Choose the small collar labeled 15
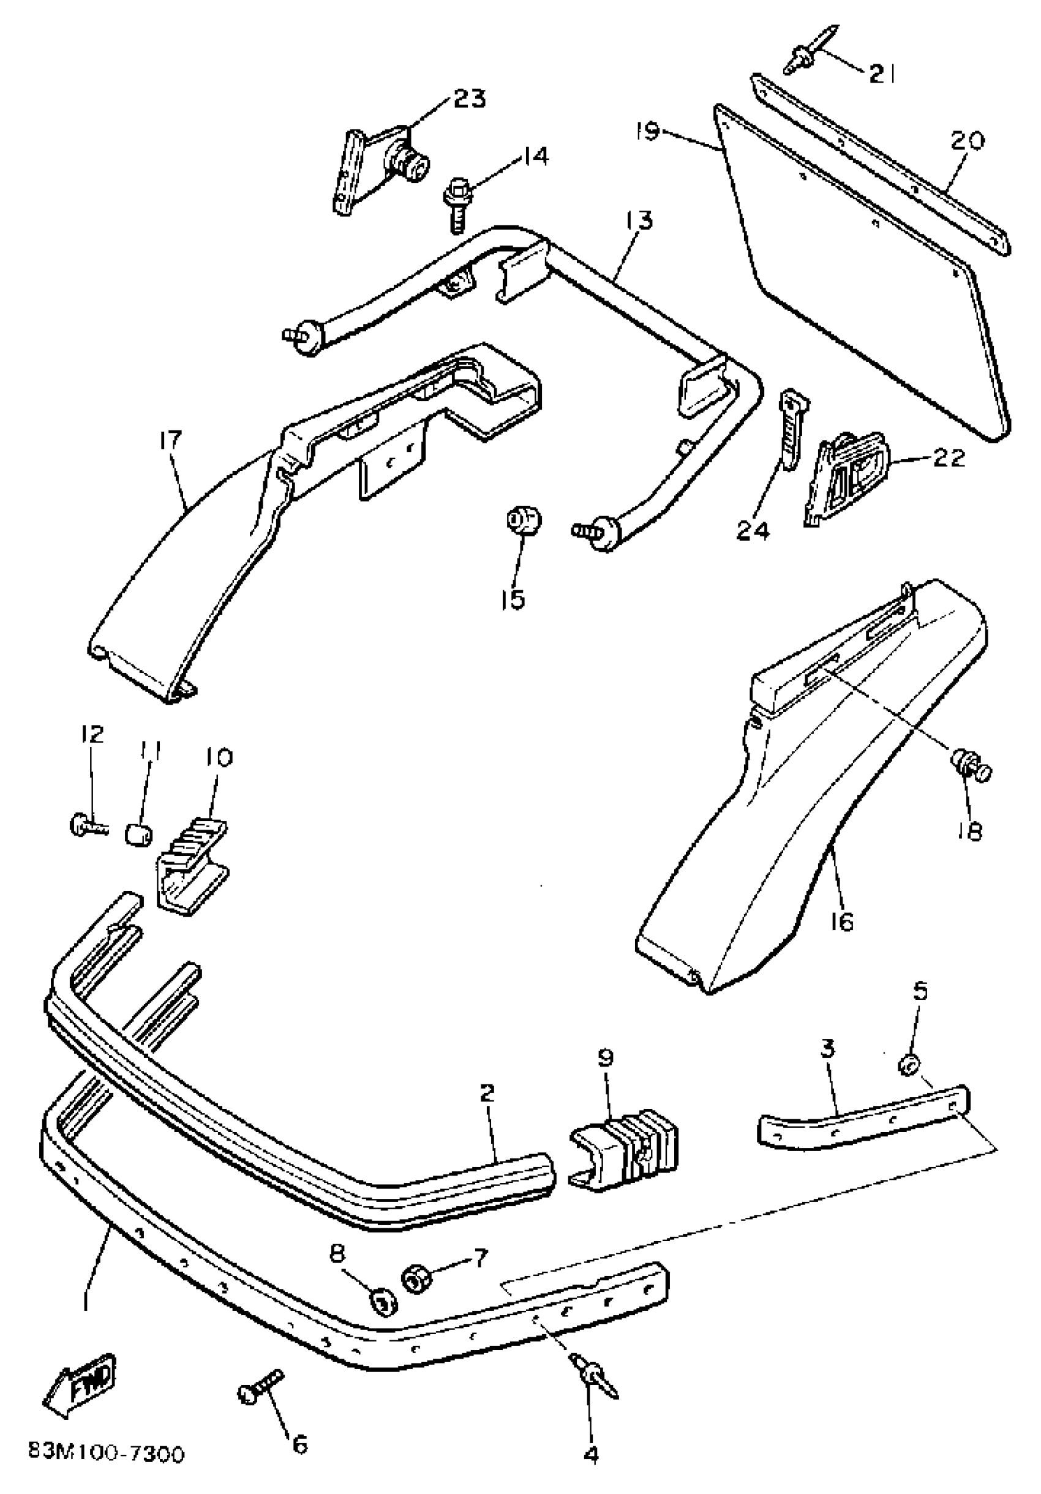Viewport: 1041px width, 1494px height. pos(524,520)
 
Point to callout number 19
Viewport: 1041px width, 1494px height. pos(648,132)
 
